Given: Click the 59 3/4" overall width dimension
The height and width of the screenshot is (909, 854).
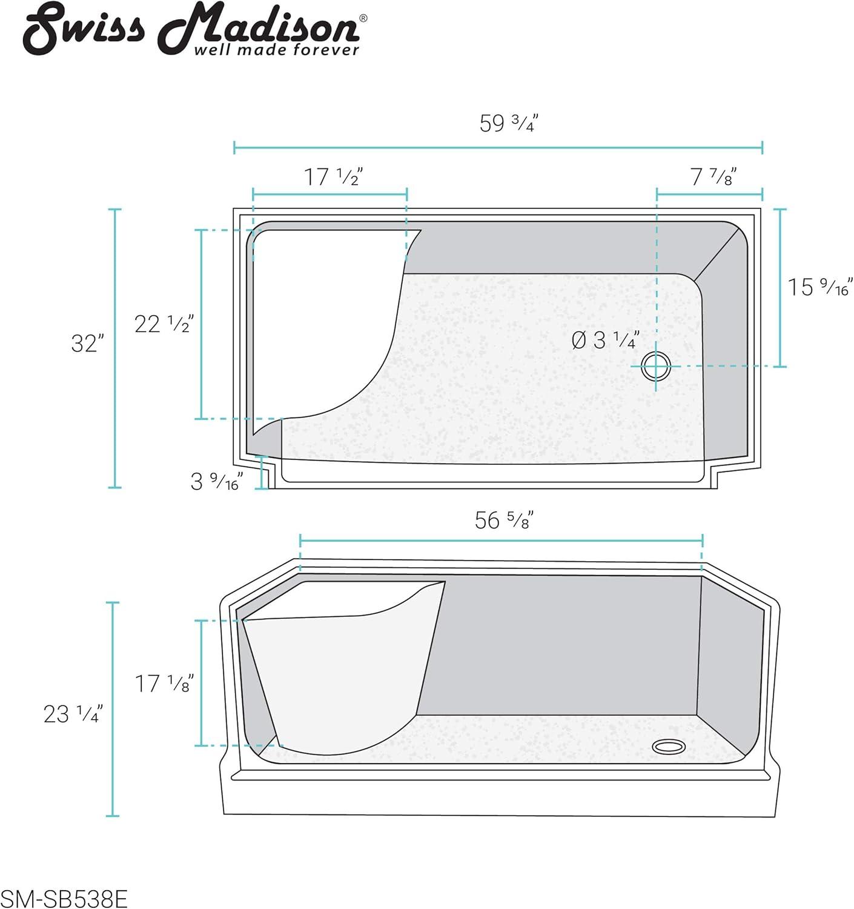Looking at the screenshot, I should point(508,124).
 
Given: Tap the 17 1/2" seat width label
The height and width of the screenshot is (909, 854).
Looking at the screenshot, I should point(333,178).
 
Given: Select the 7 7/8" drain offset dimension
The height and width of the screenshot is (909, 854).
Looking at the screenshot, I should point(713,178).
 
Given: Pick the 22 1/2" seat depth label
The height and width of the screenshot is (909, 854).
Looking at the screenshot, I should point(163,324).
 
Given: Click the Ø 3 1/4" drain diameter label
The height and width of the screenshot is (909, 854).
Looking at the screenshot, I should point(605,340).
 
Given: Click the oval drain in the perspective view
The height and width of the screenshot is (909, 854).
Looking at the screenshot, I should point(669,746).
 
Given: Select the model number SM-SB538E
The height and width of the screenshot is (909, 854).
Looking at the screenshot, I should point(64,899).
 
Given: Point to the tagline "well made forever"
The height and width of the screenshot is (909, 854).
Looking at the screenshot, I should point(276,50).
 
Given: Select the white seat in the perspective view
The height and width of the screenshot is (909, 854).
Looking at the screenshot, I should point(339,673).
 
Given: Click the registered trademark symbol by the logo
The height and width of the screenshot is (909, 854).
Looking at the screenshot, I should point(363,18).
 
